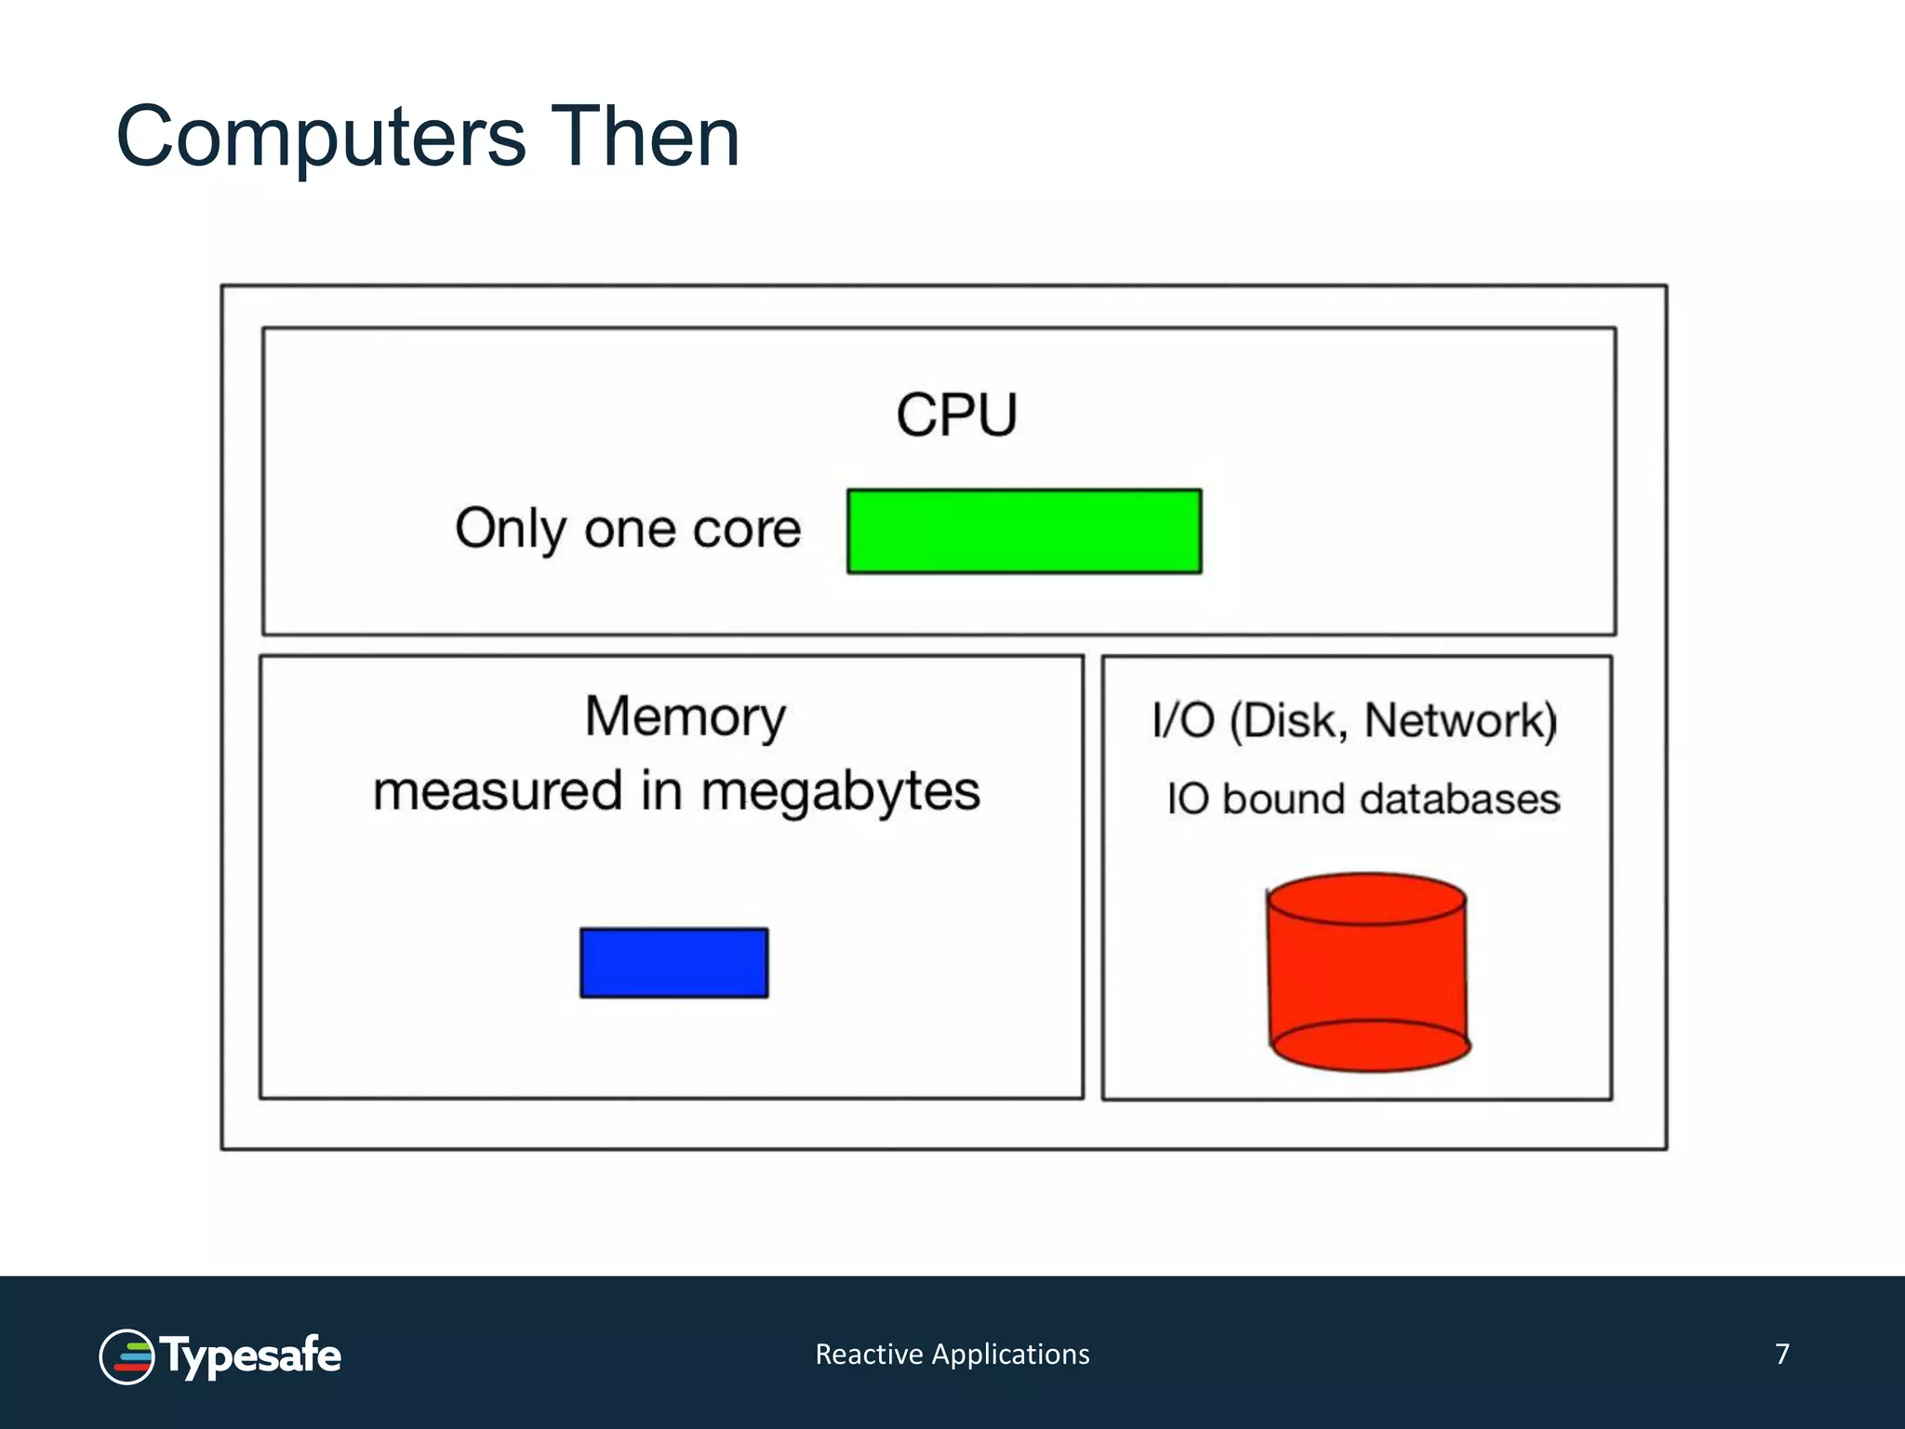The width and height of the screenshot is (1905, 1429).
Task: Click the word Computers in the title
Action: point(321,138)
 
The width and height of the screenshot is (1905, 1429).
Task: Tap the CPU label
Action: point(956,415)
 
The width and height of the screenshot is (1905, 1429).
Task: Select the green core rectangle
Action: point(1024,531)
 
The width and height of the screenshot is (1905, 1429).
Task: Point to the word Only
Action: point(511,529)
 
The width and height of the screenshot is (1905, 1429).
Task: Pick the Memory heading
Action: point(686,717)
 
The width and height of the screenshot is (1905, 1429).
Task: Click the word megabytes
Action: point(840,793)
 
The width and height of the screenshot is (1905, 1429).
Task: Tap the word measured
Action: point(497,791)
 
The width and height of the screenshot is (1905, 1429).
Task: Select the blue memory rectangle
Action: point(674,963)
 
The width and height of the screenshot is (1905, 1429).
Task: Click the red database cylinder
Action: point(1367,972)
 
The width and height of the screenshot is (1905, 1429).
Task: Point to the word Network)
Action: point(1460,721)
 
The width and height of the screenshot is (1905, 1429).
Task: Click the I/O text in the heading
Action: point(1182,721)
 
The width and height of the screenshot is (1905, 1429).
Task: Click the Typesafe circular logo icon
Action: point(127,1356)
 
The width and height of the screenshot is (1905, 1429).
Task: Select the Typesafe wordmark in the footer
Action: point(251,1356)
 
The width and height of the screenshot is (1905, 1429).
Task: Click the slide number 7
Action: point(1782,1354)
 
